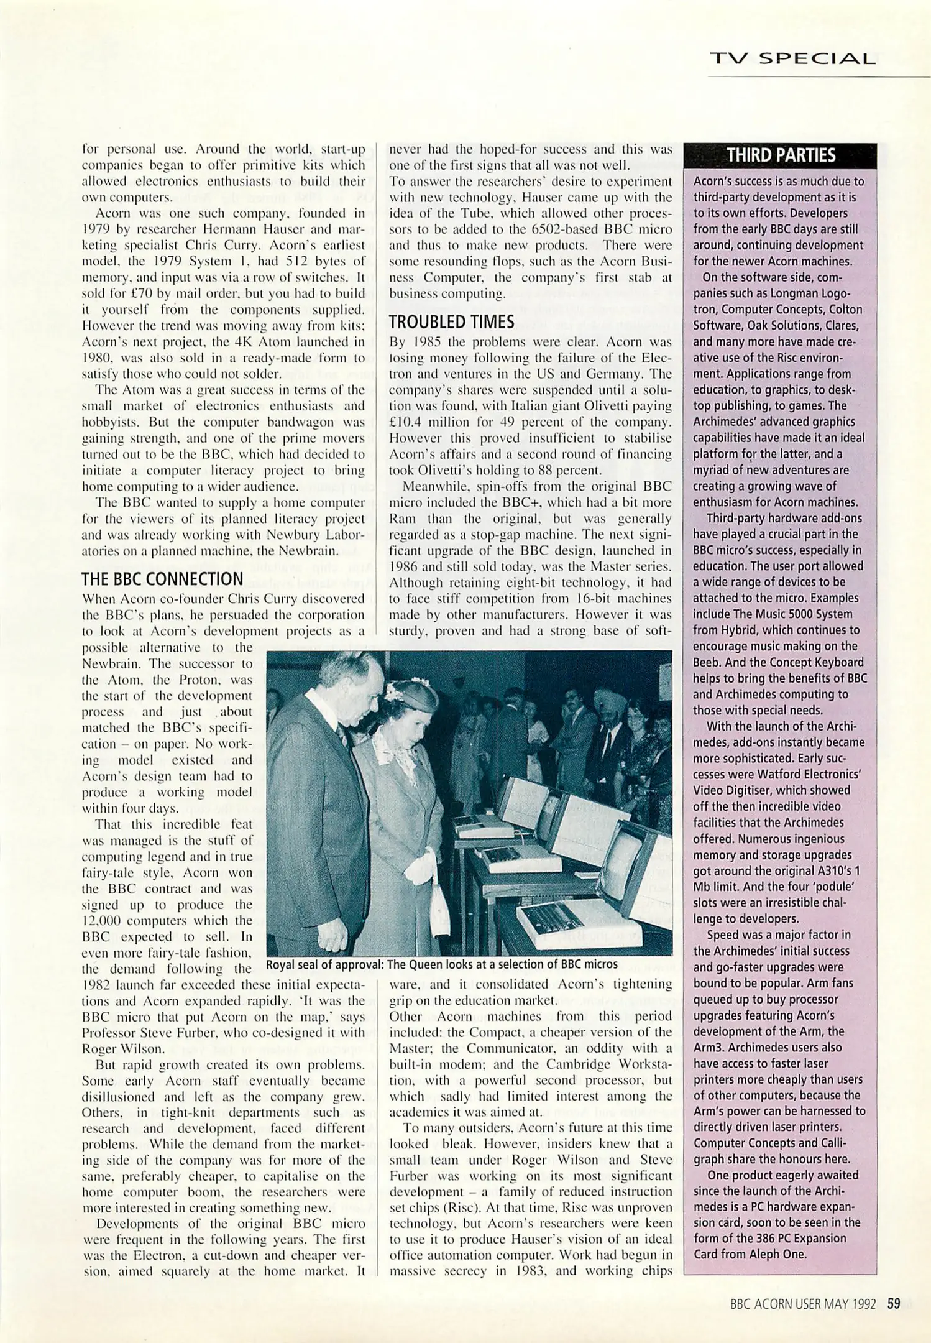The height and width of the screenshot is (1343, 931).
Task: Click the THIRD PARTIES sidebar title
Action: [x=781, y=155]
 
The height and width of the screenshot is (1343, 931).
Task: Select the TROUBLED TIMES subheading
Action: [x=451, y=321]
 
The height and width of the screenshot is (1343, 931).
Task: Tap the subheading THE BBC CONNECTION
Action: [x=162, y=579]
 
